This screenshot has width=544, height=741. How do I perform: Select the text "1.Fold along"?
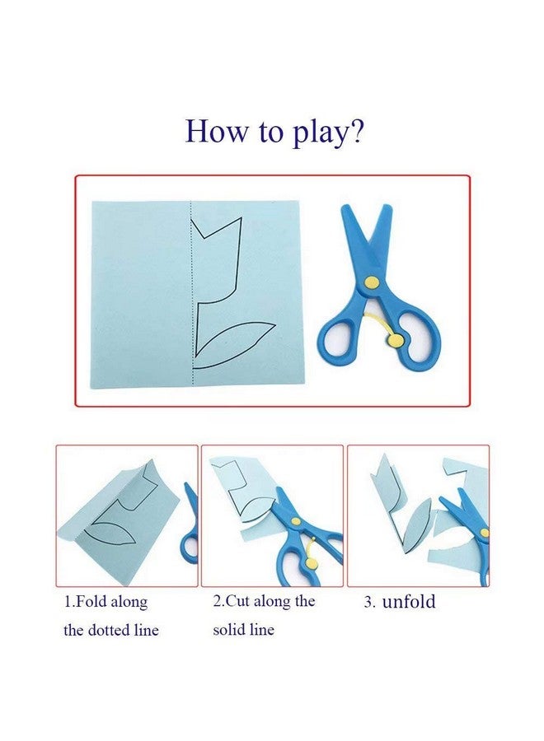tap(106, 602)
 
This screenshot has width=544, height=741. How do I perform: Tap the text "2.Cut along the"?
tap(264, 602)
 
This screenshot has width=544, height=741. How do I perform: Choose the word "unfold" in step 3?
tap(410, 602)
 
